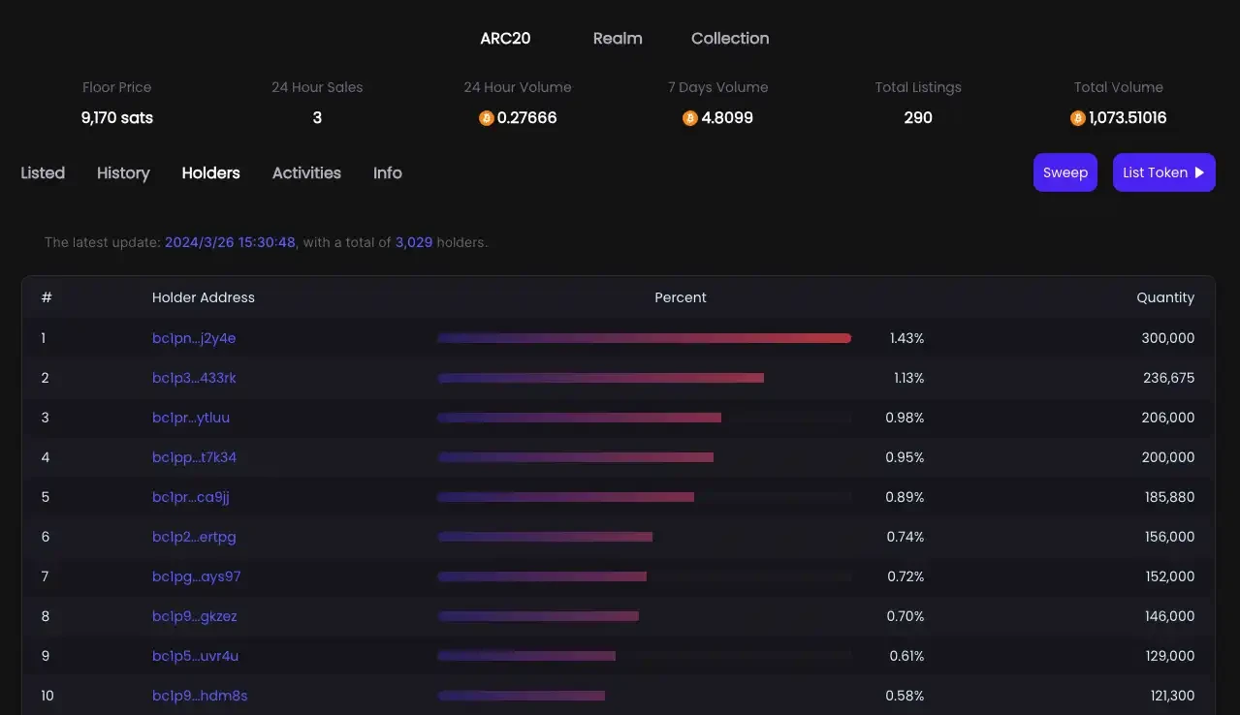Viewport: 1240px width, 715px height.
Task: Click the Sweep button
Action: point(1065,172)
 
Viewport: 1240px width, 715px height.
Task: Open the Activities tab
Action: point(306,173)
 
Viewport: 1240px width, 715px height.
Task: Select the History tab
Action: point(123,173)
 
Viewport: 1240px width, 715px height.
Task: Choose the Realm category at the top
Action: point(618,39)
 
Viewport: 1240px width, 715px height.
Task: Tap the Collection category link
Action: point(730,39)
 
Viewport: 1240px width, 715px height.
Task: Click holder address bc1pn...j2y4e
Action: point(194,338)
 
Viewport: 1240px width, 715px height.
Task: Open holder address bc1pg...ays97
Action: point(196,576)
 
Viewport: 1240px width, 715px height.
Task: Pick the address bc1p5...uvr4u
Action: point(195,656)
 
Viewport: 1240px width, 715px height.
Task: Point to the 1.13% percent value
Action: point(908,378)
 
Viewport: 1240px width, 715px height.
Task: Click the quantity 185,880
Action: point(1169,497)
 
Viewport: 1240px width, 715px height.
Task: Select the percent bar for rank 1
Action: point(644,338)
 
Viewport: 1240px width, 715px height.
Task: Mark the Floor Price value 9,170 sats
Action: point(117,118)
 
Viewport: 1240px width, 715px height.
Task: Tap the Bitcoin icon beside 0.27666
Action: point(487,118)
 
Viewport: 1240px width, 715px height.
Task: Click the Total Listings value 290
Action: point(917,118)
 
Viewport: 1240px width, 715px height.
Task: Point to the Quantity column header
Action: point(1165,297)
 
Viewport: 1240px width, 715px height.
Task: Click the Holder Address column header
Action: point(204,297)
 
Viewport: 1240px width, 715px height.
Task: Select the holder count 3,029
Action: point(414,242)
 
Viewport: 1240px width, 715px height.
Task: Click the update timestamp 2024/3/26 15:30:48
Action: point(230,242)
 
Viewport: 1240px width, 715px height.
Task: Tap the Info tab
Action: point(388,173)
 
